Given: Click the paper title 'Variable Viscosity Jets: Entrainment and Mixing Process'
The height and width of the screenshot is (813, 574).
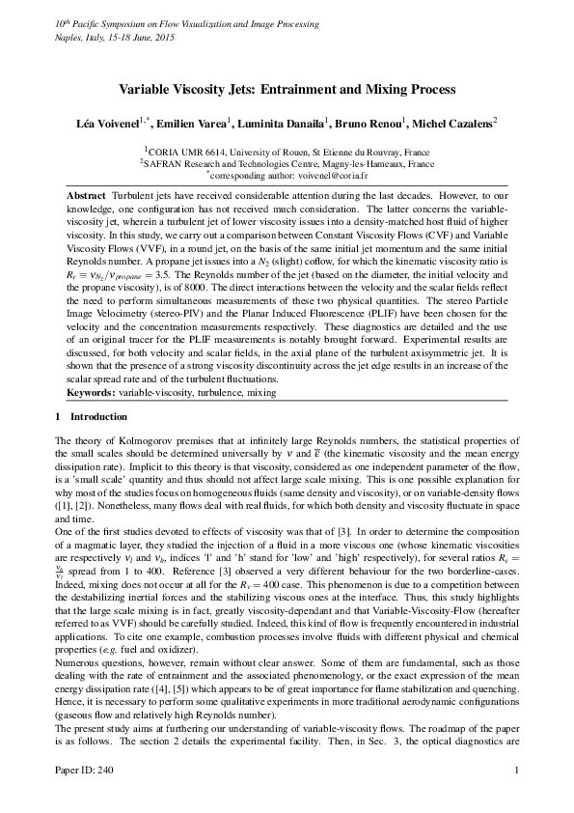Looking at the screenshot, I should [x=287, y=89].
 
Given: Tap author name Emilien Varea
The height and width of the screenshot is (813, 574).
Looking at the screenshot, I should [x=192, y=123].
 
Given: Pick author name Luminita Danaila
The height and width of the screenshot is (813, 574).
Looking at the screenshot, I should [x=280, y=123].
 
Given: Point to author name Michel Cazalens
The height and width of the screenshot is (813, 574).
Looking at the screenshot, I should [x=451, y=123].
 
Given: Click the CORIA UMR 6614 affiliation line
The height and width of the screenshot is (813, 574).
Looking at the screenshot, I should [x=287, y=152].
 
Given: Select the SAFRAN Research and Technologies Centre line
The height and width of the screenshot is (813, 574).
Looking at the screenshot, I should [x=287, y=164].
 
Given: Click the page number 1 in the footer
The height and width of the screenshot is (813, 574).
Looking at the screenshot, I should [x=518, y=797].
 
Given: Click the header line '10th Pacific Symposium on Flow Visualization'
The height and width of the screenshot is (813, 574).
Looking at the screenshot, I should [x=145, y=21].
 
